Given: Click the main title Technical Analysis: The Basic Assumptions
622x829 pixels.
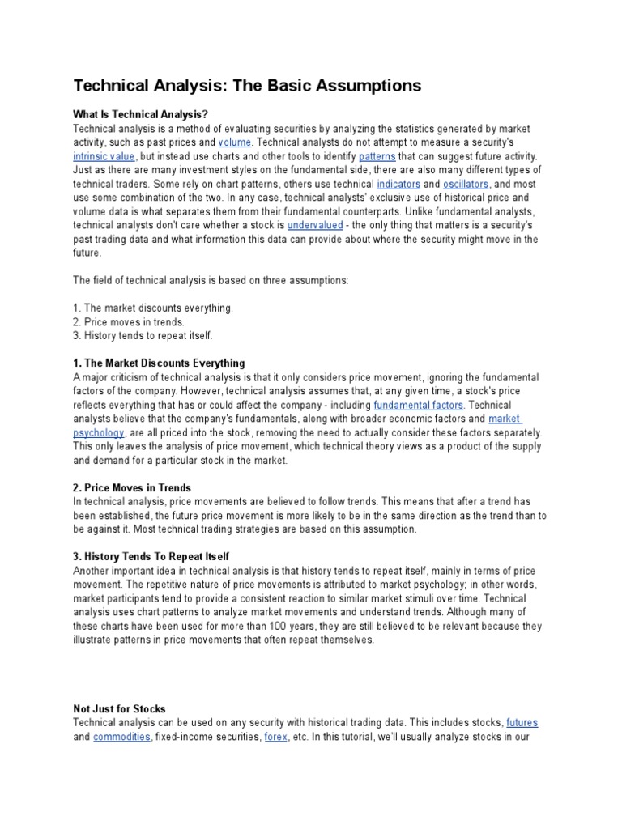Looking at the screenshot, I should point(248,86).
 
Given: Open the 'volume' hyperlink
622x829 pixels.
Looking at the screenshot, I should point(235,142).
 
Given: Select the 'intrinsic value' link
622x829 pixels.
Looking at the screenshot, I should point(104,156).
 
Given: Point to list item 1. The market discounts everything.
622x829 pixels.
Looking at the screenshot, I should point(153,308).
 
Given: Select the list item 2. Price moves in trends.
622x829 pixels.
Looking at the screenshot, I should point(129,321).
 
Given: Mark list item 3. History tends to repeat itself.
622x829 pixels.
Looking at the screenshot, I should point(143,335).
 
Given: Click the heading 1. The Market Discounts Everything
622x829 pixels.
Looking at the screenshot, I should point(159,363).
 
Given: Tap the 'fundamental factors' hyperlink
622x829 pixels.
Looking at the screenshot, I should point(418,405).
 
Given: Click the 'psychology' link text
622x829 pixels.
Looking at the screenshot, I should point(99,432).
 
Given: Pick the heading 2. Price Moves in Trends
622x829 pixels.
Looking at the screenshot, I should point(132,487).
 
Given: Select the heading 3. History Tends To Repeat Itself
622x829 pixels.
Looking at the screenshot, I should point(151,556).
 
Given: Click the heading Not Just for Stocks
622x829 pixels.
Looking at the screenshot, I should point(119,708).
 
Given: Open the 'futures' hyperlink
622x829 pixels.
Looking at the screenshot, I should point(522,722).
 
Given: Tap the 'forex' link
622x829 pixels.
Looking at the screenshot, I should point(276,736).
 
